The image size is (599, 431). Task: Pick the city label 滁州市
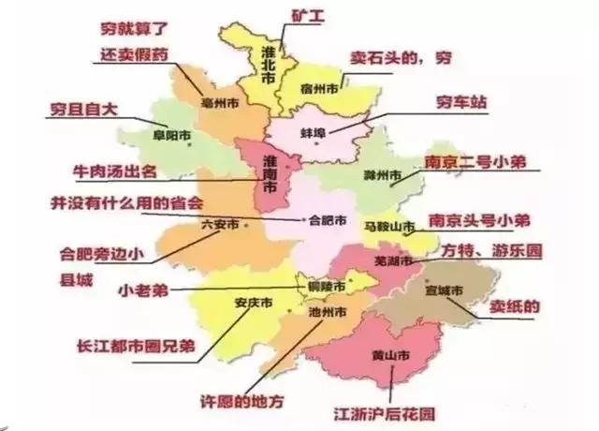pyautogui.click(x=382, y=175)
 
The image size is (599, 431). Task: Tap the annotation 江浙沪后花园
pyautogui.click(x=386, y=413)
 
